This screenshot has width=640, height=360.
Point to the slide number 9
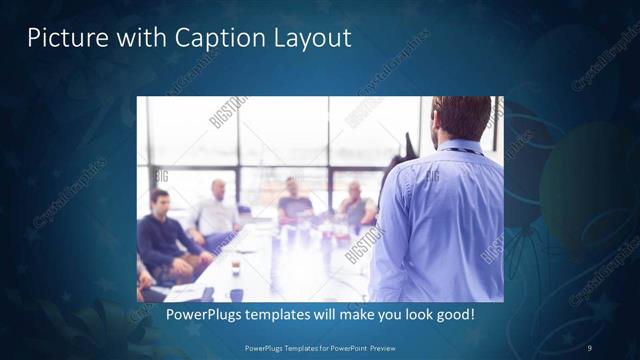click(590, 348)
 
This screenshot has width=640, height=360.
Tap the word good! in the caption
click(454, 315)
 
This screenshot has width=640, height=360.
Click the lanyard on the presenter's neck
click(462, 150)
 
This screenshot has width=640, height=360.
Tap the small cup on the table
click(234, 267)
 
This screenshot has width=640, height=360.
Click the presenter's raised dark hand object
click(408, 150)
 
